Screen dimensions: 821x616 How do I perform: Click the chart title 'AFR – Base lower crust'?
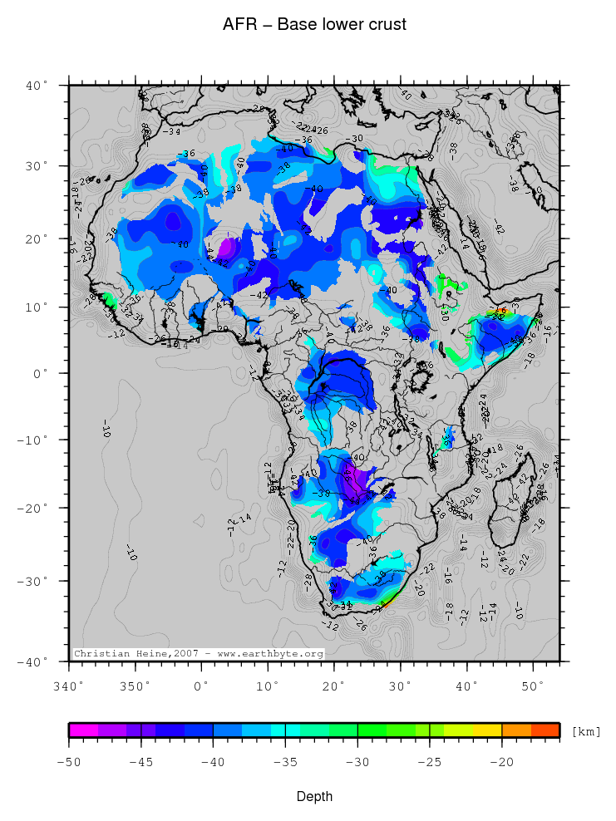tap(314, 24)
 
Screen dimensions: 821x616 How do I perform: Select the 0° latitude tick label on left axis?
tap(42, 373)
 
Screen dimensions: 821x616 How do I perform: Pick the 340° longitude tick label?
tap(68, 686)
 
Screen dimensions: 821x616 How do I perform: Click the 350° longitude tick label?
tap(136, 686)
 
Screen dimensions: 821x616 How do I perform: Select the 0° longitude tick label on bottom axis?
tap(201, 686)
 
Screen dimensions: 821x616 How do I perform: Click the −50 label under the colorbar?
tap(69, 761)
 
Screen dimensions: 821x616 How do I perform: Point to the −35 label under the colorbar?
tap(285, 761)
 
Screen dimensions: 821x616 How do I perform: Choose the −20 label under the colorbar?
tap(501, 761)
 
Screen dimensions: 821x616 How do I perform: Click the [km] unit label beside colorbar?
tap(585, 731)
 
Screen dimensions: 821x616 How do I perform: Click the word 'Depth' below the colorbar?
tap(314, 796)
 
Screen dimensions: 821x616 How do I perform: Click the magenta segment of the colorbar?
tap(83, 730)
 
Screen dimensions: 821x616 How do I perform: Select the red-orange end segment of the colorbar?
tap(545, 730)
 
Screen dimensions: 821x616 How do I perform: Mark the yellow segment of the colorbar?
tap(487, 730)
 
